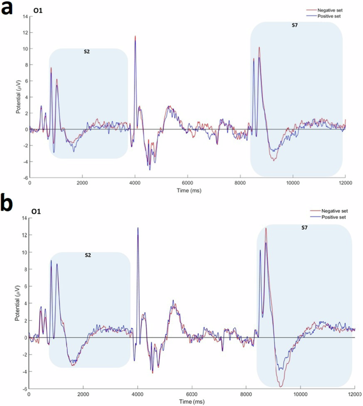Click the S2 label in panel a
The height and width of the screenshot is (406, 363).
pyautogui.click(x=87, y=52)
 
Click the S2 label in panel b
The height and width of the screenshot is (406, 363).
pyautogui.click(x=88, y=255)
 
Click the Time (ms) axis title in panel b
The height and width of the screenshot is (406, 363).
pyautogui.click(x=188, y=402)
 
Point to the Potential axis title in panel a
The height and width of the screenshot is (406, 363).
pyautogui.click(x=19, y=99)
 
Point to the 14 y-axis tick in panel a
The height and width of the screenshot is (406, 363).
pyautogui.click(x=23, y=16)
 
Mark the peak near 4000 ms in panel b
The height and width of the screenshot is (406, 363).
pyautogui.click(x=138, y=228)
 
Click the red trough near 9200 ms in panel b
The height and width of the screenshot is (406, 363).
pyautogui.click(x=281, y=387)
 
